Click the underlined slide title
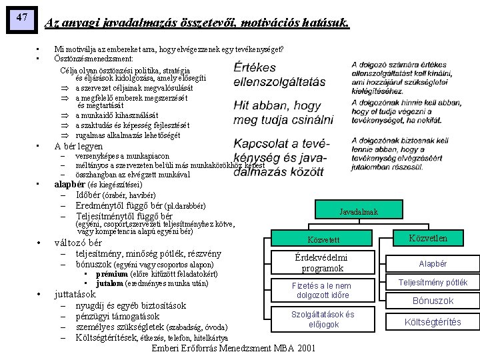(196, 23)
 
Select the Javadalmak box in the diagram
(358, 211)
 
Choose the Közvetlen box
(427, 238)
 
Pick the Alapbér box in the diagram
(433, 264)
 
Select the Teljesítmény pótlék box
(433, 283)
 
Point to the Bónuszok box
(433, 301)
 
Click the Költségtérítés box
(433, 322)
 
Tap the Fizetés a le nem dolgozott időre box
(322, 290)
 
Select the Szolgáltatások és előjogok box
(323, 319)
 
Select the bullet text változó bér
(78, 243)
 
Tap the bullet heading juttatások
(75, 294)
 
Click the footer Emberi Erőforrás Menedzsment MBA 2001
(233, 349)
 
